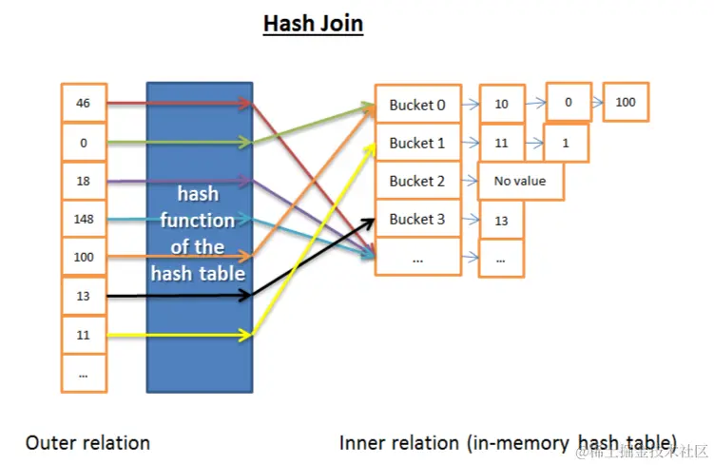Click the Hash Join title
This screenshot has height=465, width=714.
tap(313, 23)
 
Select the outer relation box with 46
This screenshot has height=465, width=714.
tap(84, 104)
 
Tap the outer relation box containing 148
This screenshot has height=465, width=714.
tap(84, 219)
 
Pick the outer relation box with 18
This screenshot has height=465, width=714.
tap(84, 181)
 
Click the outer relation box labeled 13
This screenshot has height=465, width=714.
tap(84, 296)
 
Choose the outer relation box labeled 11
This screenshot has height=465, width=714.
tap(84, 335)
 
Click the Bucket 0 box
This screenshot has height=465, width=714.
tap(417, 106)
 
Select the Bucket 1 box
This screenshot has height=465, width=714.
tap(417, 144)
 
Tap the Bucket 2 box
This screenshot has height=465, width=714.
tap(417, 181)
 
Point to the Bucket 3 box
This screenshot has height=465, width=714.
tap(417, 219)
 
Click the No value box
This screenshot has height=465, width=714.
tap(520, 180)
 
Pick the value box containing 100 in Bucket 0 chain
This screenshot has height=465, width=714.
tap(625, 102)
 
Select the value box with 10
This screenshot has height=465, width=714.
tap(501, 104)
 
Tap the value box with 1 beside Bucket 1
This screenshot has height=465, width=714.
tap(566, 143)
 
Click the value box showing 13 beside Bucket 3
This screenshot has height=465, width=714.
tap(501, 220)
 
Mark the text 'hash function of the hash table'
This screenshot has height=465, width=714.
tap(199, 234)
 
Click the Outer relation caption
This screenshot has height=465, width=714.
tap(87, 442)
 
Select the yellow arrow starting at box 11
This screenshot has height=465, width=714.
tap(181, 335)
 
